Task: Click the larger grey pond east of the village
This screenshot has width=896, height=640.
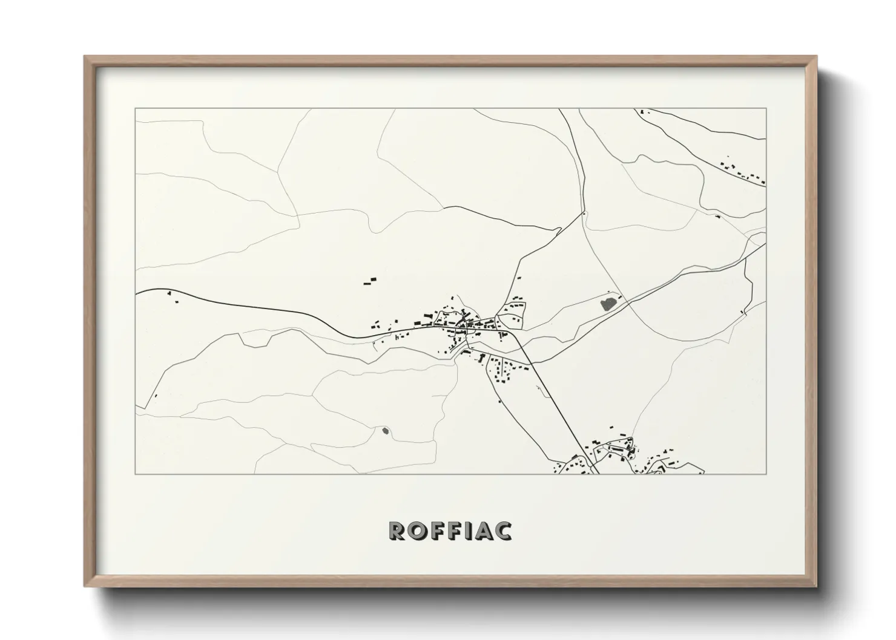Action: coord(607,302)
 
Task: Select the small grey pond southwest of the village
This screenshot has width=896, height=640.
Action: coord(386,431)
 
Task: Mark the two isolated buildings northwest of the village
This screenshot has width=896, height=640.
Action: coord(369,280)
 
